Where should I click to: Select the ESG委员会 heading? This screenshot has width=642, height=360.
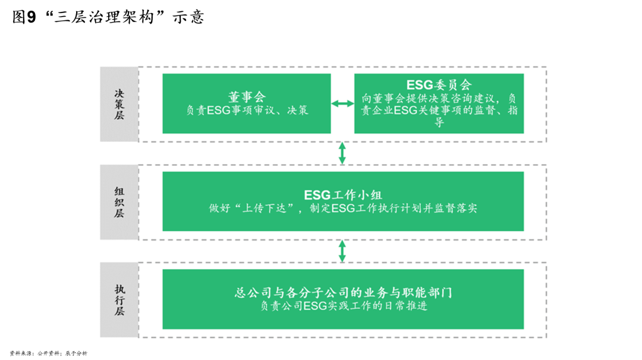pos(439,86)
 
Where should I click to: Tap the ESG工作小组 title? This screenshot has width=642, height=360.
pos(343,195)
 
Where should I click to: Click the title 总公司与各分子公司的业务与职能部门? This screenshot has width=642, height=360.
pos(343,293)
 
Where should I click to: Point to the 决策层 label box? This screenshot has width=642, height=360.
pos(119,105)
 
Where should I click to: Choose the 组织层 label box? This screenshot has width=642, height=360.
pos(119,202)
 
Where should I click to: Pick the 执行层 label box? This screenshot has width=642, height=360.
pos(119,300)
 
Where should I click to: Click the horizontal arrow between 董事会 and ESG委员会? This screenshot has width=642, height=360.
pos(342,104)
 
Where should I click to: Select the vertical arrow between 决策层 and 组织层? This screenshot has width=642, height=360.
pos(342,153)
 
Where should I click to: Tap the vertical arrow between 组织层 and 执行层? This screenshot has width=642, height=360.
pos(342,251)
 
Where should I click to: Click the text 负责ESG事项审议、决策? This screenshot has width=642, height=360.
pos(247,110)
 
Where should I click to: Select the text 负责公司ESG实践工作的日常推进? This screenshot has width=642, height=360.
pos(343,307)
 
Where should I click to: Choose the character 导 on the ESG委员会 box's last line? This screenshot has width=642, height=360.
pos(439,123)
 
